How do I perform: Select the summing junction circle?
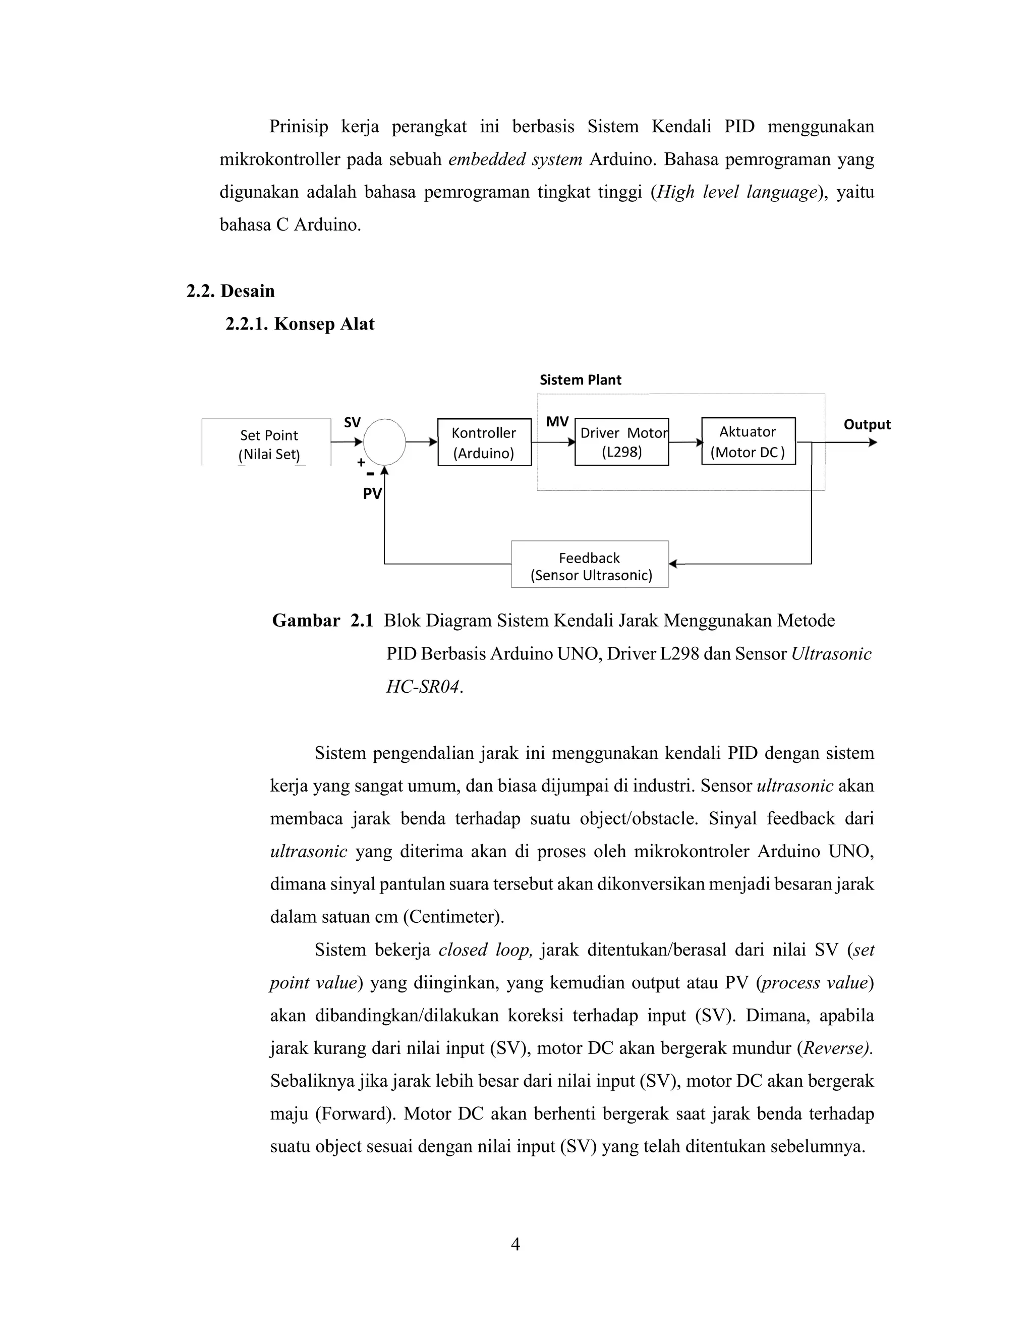pyautogui.click(x=384, y=441)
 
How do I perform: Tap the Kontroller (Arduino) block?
pyautogui.click(x=484, y=442)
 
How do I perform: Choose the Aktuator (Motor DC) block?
pyautogui.click(x=748, y=441)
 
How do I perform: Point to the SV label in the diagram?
pyautogui.click(x=352, y=422)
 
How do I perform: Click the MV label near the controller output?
pyautogui.click(x=557, y=422)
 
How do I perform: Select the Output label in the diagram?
pyautogui.click(x=867, y=424)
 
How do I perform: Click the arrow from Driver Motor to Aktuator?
pyautogui.click(x=685, y=442)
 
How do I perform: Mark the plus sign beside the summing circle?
pyautogui.click(x=361, y=462)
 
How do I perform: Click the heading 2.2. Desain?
pyautogui.click(x=231, y=291)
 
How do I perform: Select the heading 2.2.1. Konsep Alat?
pyautogui.click(x=300, y=324)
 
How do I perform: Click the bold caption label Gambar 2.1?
pyautogui.click(x=322, y=621)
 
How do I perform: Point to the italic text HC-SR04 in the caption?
pyautogui.click(x=422, y=687)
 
